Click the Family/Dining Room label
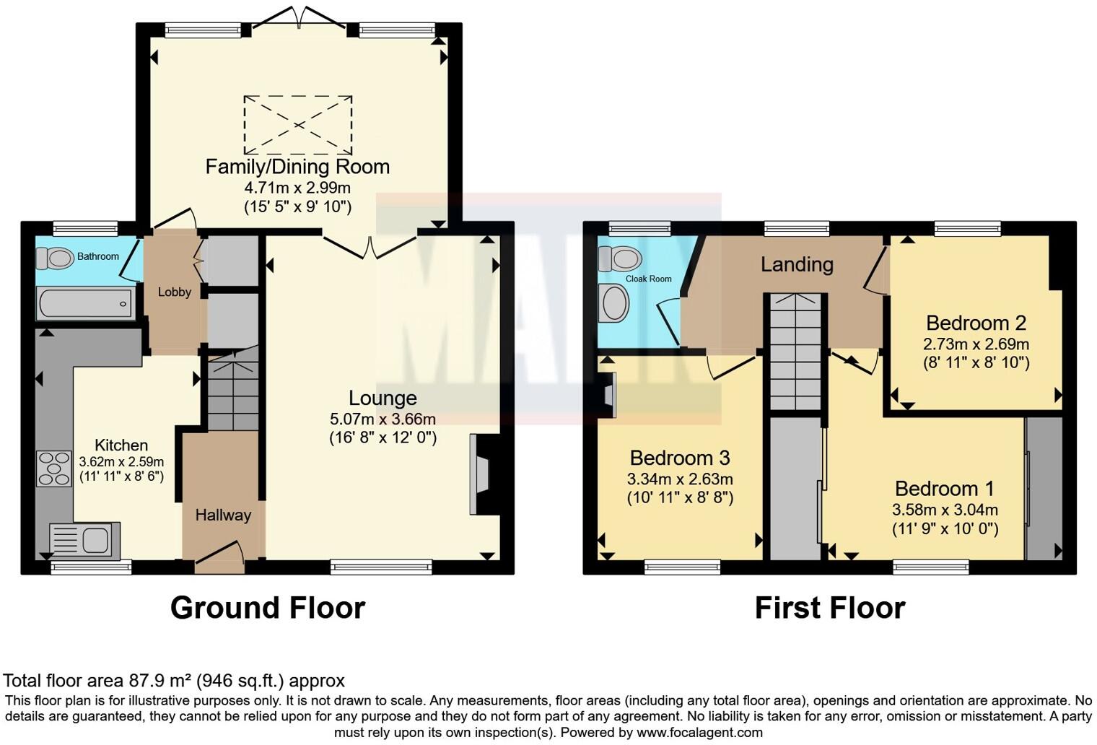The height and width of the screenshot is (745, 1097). tap(297, 167)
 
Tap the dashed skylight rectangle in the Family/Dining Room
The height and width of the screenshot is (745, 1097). tap(298, 125)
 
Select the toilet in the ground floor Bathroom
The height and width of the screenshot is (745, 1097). tap(55, 257)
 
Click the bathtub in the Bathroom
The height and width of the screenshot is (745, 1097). tap(86, 303)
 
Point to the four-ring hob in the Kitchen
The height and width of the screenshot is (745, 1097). tap(53, 468)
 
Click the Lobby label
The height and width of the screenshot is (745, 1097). tap(175, 292)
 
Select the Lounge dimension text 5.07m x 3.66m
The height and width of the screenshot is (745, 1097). tap(383, 419)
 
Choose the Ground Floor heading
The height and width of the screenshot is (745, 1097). tap(268, 608)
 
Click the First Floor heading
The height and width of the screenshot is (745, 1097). tap(829, 608)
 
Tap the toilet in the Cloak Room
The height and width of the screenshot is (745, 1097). tap(621, 258)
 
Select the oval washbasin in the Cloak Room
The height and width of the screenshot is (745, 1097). tap(615, 302)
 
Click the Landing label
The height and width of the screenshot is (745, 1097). tap(797, 264)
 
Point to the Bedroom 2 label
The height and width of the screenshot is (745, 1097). tap(976, 323)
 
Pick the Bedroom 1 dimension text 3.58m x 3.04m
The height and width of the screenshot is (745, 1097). tap(945, 510)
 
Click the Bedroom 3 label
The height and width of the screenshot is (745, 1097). tap(680, 458)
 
